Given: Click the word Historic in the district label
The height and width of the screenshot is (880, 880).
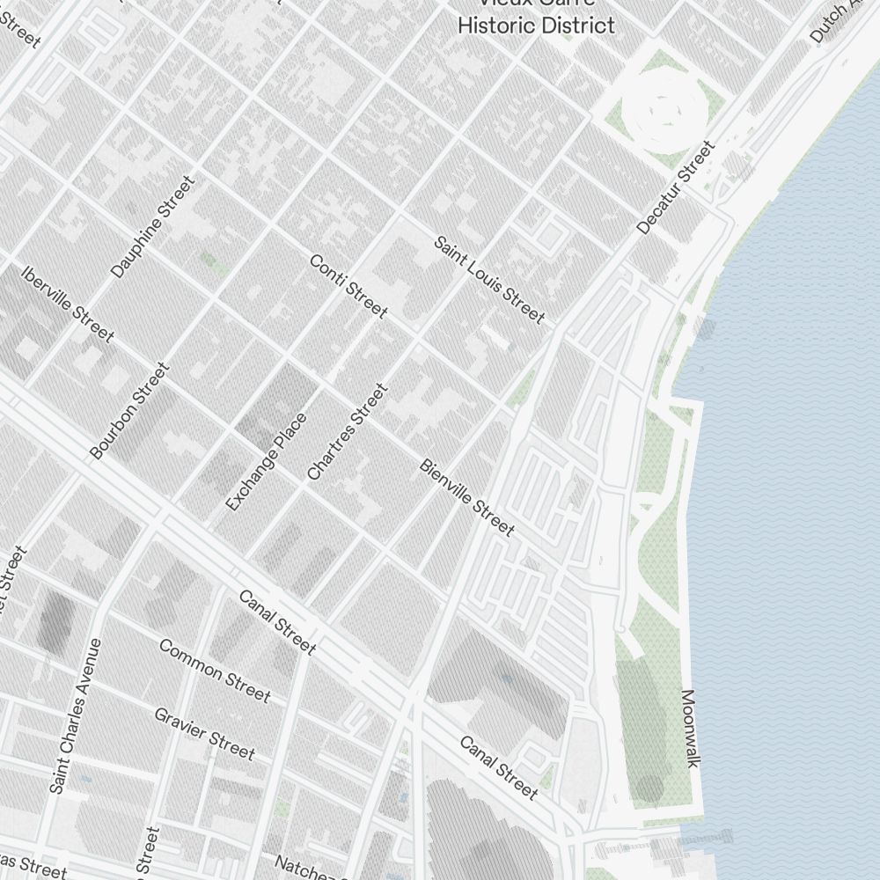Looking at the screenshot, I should (496, 25).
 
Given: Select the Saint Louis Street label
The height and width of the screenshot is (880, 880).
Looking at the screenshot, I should (489, 279).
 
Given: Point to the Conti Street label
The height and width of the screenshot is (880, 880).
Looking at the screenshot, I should (348, 286).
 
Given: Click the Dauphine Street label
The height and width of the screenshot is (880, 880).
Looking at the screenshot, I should (152, 227).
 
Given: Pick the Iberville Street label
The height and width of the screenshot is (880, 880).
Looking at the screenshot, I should (68, 304).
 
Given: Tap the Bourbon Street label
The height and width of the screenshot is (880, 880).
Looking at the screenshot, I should (128, 410).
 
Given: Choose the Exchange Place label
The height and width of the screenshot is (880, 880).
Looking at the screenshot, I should (266, 462).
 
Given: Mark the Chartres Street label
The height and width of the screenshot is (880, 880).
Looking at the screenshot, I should (347, 431).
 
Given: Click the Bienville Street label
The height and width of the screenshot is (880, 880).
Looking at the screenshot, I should (466, 497).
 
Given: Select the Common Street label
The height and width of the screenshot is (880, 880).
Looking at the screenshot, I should (215, 670).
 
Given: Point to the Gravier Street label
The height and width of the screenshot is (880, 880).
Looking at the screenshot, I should (204, 733).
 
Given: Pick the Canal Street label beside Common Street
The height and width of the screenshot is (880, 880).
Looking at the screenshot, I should (276, 622).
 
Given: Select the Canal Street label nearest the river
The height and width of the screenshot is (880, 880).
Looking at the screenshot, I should (498, 767).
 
